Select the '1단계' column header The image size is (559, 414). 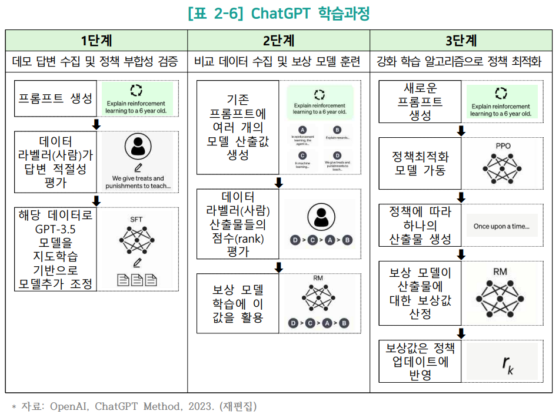tap(97, 41)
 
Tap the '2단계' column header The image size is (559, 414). tap(278, 41)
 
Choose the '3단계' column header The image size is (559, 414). tap(461, 41)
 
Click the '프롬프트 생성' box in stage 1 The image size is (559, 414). tap(55, 98)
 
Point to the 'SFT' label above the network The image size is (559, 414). tap(137, 220)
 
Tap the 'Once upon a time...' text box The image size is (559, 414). tap(501, 226)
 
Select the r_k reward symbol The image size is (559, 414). tap(508, 365)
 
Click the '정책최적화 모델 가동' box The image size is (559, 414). tap(420, 164)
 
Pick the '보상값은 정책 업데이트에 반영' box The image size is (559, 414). tap(420, 361)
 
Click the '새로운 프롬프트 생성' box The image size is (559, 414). tap(420, 102)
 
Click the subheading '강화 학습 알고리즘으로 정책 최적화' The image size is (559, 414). tap(461, 61)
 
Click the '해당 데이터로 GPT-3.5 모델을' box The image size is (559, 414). tap(55, 249)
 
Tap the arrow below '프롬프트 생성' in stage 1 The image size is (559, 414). tap(97, 124)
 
